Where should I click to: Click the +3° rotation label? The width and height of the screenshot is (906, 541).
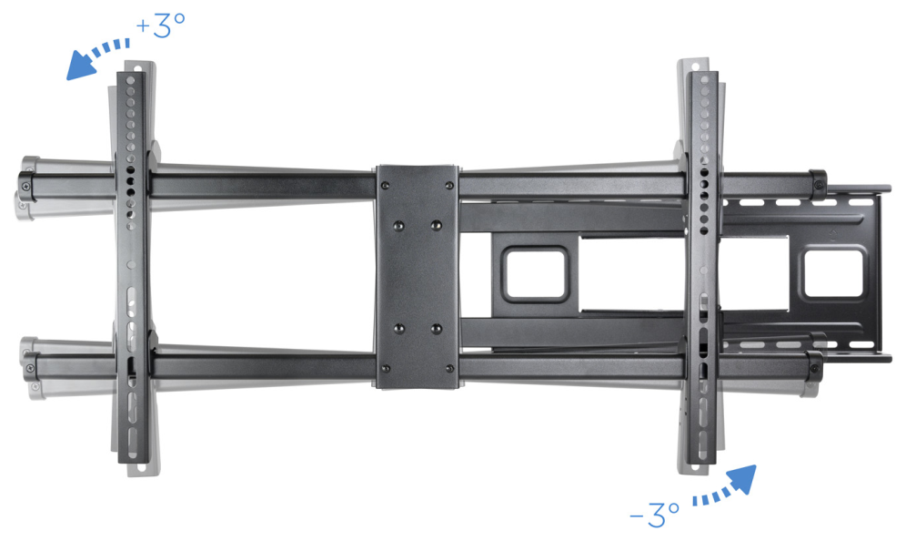point(161,26)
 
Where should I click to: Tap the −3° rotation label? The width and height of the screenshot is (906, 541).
point(654,514)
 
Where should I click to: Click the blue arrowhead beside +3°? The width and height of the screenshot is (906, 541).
point(80,66)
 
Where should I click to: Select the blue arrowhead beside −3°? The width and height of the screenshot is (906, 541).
point(741,480)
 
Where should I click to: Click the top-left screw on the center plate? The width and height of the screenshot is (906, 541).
point(386,186)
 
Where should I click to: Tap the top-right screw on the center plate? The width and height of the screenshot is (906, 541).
point(449,186)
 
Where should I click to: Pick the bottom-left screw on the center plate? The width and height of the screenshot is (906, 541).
point(386,369)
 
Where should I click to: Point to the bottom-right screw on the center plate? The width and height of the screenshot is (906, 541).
point(449,369)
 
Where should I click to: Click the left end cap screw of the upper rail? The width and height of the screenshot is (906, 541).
point(26,187)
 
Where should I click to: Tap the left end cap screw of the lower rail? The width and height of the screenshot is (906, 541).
point(31,369)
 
